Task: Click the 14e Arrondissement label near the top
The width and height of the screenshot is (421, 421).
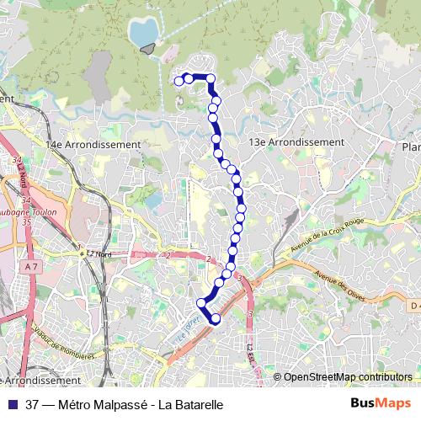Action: [93, 144]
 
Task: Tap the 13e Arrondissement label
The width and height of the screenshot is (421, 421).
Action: [296, 142]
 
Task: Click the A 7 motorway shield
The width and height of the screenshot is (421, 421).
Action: [33, 266]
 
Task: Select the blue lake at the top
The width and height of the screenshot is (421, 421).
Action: [143, 31]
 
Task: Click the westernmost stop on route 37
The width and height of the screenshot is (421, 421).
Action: [179, 81]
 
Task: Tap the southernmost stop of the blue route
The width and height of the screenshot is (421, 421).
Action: [215, 318]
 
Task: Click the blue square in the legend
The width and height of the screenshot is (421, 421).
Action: [12, 404]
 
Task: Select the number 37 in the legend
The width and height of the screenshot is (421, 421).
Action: [33, 404]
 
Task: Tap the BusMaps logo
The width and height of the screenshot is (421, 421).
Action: [381, 403]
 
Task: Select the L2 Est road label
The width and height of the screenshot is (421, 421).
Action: [250, 354]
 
